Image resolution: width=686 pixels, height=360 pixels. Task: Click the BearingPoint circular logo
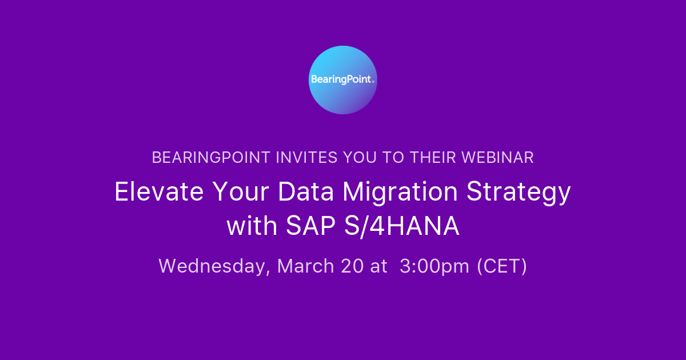(x=343, y=80)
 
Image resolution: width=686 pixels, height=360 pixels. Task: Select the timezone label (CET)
(x=502, y=266)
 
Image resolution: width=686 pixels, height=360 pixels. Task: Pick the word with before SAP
(x=252, y=227)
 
